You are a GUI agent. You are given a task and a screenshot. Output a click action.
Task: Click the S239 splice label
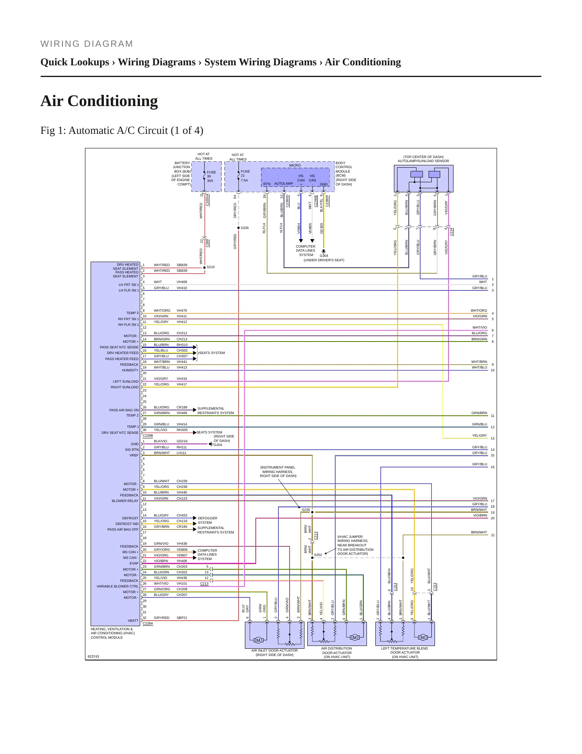click(x=244, y=228)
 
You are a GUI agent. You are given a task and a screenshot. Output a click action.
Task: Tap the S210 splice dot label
click(x=211, y=267)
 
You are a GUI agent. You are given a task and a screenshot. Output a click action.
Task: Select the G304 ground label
click(x=324, y=256)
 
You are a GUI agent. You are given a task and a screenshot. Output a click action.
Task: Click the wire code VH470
click(x=182, y=310)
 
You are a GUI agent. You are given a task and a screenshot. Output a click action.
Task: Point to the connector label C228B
click(x=148, y=435)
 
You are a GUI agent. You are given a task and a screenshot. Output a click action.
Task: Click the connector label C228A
click(x=148, y=623)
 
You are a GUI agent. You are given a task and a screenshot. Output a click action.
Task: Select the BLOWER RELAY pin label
click(x=125, y=501)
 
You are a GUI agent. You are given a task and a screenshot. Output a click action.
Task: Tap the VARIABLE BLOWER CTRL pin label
click(x=118, y=586)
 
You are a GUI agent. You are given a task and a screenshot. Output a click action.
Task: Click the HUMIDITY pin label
click(x=130, y=370)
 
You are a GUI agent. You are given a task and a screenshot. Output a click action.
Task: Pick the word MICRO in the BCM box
click(x=295, y=165)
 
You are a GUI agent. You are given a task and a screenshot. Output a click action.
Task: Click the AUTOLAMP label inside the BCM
click(x=284, y=183)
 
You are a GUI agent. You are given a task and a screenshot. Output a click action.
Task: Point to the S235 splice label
click(x=306, y=510)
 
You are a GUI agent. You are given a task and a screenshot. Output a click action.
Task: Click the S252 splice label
click(x=318, y=555)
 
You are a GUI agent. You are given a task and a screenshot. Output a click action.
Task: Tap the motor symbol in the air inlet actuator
click(x=258, y=640)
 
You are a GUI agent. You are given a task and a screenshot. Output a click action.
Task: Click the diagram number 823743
click(x=93, y=656)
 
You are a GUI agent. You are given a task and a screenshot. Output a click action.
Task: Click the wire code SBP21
click(x=182, y=618)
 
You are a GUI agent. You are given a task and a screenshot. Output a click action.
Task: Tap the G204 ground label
click(x=217, y=445)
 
